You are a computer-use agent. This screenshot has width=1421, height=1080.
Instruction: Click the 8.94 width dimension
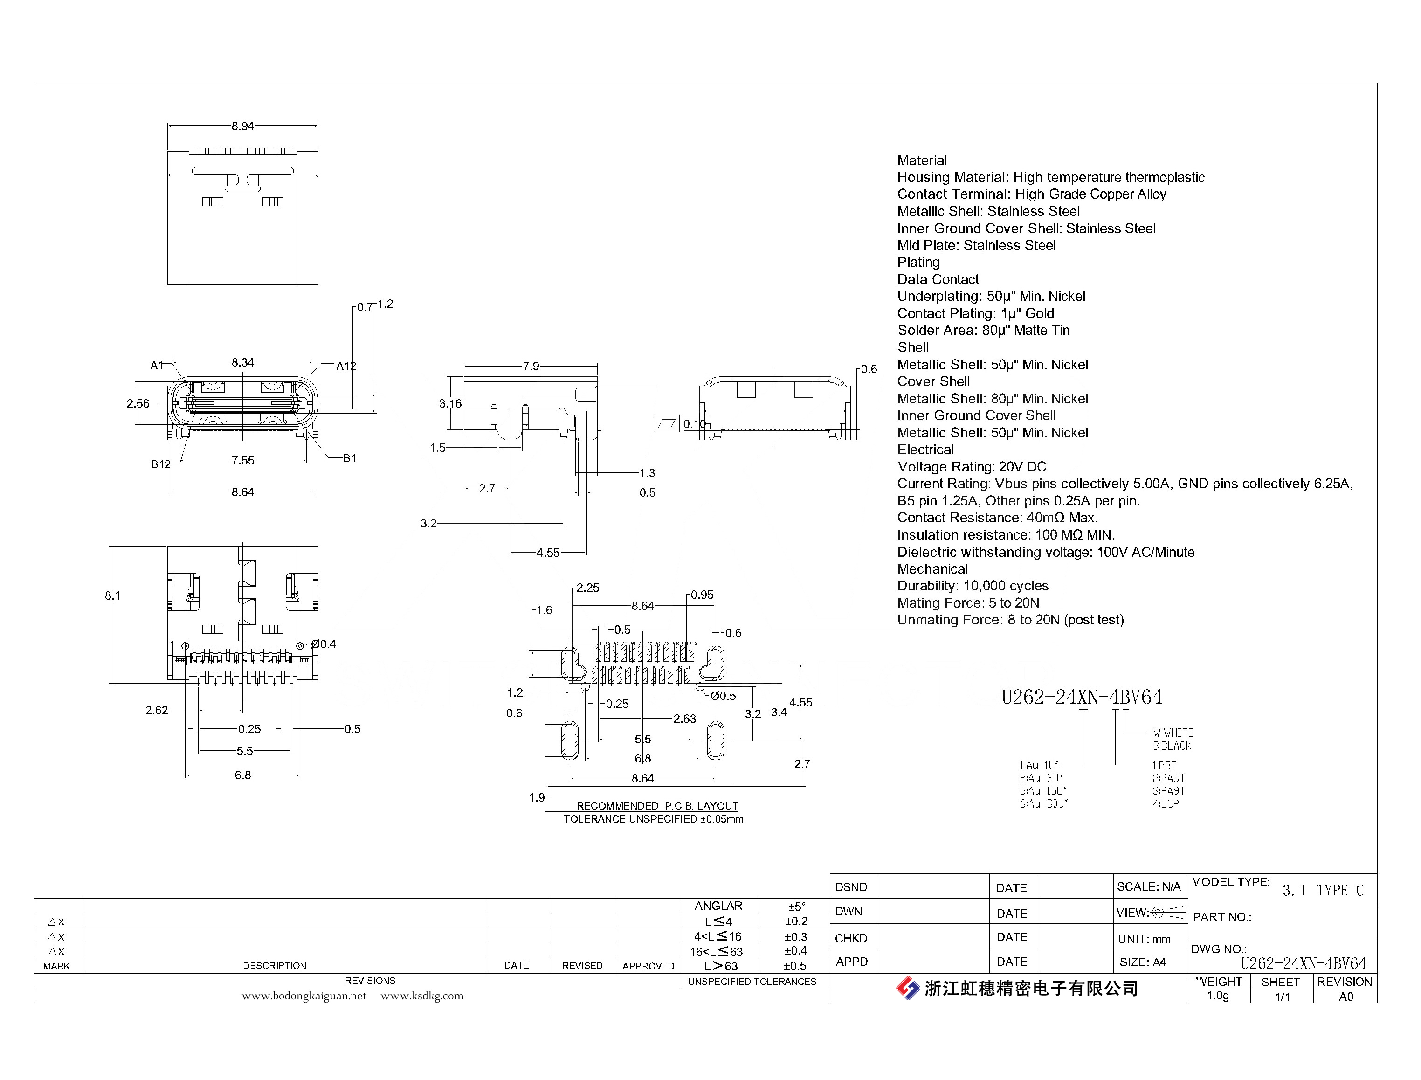point(242,126)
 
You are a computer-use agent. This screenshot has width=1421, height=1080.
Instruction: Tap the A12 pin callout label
point(346,366)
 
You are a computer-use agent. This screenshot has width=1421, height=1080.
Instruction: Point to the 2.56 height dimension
point(138,404)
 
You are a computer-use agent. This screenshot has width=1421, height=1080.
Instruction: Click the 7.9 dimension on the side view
point(531,367)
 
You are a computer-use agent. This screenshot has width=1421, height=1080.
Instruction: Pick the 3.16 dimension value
point(450,404)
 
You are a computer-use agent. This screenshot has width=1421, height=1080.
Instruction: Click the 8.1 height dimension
point(112,596)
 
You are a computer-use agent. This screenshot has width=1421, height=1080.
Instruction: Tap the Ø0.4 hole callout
point(324,644)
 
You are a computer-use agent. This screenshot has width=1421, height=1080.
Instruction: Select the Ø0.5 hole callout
point(723,696)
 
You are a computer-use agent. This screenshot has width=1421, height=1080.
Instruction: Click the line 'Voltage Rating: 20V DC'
point(972,467)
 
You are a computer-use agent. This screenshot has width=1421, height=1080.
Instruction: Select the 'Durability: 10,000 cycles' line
point(973,586)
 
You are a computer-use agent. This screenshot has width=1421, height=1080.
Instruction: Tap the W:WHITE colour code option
point(1173,733)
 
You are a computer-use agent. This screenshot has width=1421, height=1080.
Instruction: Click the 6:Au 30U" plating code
point(1043,803)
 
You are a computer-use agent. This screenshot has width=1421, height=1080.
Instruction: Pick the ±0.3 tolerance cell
point(796,937)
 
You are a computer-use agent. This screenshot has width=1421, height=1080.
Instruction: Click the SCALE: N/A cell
point(1148,887)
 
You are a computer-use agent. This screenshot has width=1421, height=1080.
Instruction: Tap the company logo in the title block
point(908,988)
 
